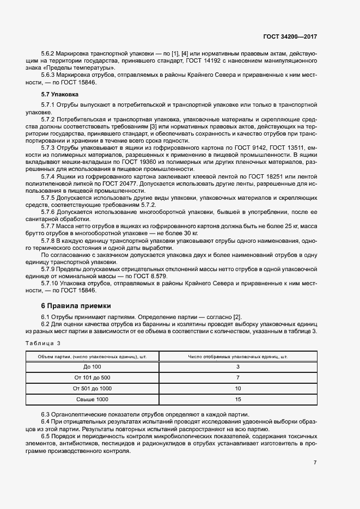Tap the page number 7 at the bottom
[315, 463]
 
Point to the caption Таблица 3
[43, 343]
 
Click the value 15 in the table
[238, 400]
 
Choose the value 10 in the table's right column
[238, 389]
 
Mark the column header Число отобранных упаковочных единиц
[238, 357]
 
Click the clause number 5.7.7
[49, 225]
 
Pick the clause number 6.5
[46, 437]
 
